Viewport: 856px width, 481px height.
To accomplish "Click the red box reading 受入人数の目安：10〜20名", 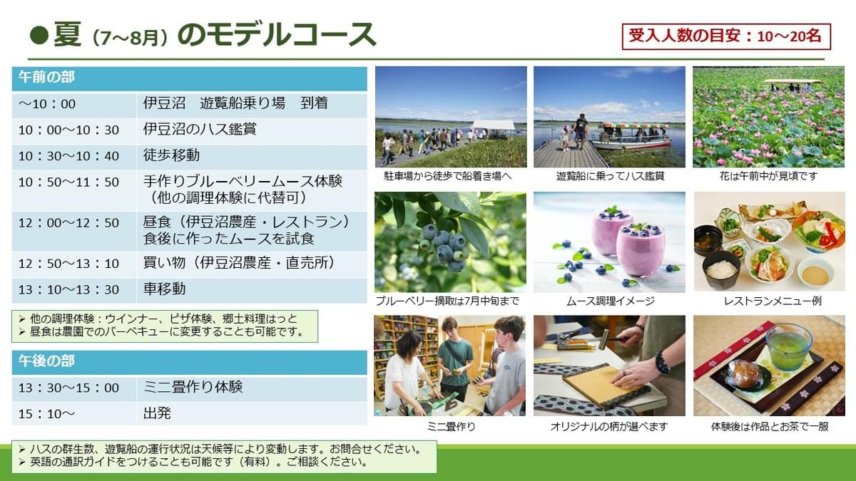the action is pos(726,36).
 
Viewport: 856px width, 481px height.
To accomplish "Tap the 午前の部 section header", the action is pos(190,78).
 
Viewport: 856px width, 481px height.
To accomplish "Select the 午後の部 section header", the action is pos(190,362).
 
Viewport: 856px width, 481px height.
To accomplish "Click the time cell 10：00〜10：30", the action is pos(68,130).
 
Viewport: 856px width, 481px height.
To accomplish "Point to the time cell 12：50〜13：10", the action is pos(68,264).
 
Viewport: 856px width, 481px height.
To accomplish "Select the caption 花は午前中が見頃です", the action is pos(768,176).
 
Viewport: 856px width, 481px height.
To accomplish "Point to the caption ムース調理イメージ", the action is pos(611,301).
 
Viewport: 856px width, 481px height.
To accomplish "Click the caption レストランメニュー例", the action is pos(773,301).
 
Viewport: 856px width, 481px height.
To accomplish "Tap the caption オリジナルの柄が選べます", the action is pos(609,426).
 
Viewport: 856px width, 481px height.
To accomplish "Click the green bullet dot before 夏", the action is pos(39,36).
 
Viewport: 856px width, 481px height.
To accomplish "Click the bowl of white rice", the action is pos(720,270).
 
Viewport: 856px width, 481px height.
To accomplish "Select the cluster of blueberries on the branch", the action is pos(445,246).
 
